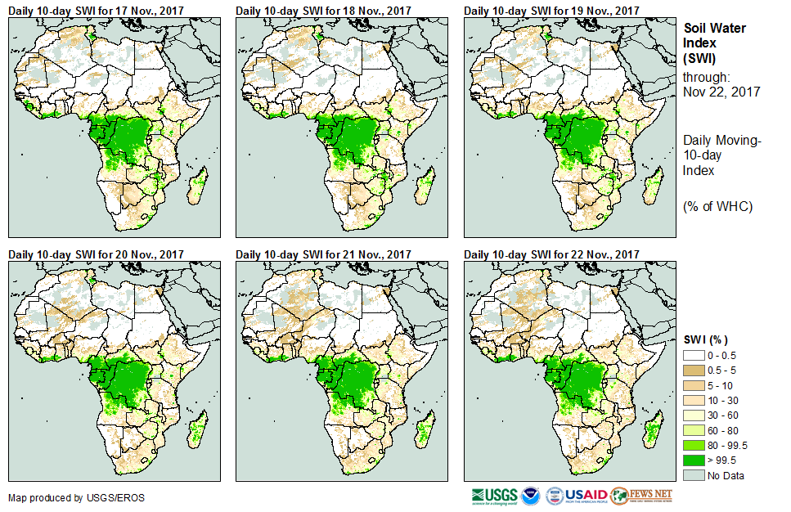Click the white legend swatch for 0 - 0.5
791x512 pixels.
[x=694, y=354]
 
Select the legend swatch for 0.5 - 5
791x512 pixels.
[x=694, y=370]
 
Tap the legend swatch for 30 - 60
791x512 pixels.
[x=694, y=415]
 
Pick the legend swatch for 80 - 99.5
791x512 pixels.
[x=694, y=445]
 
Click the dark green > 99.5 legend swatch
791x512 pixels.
[x=694, y=460]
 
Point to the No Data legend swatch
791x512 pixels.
[x=694, y=475]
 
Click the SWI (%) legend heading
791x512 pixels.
[x=706, y=339]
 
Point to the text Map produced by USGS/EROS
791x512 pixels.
[x=65, y=497]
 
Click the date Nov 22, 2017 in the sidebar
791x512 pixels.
[x=721, y=92]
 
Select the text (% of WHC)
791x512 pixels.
[x=717, y=206]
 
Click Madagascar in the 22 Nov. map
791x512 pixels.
[x=654, y=431]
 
